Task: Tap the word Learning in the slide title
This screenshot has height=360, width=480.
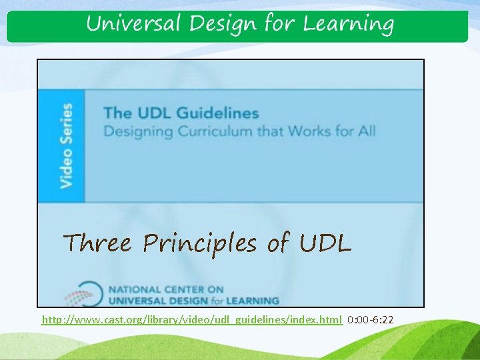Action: pyautogui.click(x=348, y=25)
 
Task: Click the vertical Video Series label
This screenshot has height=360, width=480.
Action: pyautogui.click(x=66, y=145)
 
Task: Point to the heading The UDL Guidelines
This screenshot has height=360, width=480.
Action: pyautogui.click(x=180, y=113)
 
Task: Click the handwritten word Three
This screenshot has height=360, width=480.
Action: pyautogui.click(x=97, y=243)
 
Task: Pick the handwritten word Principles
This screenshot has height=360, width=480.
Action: pyautogui.click(x=199, y=245)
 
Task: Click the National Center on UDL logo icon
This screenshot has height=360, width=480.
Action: pyautogui.click(x=83, y=294)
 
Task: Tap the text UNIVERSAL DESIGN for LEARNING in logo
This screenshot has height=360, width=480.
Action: pyautogui.click(x=193, y=300)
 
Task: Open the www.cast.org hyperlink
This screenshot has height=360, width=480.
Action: pyautogui.click(x=192, y=320)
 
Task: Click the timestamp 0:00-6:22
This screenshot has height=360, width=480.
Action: pyautogui.click(x=371, y=320)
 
